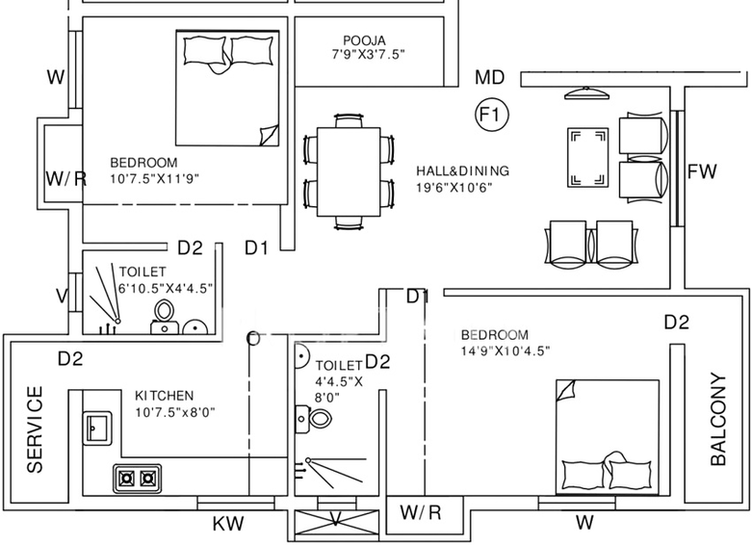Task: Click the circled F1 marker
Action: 492,115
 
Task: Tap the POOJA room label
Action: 365,40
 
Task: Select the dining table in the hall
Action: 349,171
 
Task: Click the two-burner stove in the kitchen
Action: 137,479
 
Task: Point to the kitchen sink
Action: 97,428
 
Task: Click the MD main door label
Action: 490,77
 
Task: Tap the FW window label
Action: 702,171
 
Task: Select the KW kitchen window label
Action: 228,524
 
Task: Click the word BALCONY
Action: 718,419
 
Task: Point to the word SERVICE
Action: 35,429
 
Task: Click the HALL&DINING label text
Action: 462,170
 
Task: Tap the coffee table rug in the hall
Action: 588,157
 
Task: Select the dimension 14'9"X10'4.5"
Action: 506,350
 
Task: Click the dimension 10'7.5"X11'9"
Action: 154,178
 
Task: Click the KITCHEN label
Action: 165,396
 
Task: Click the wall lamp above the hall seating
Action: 587,93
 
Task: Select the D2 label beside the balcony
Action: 677,323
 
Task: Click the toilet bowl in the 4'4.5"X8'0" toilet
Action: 320,418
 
